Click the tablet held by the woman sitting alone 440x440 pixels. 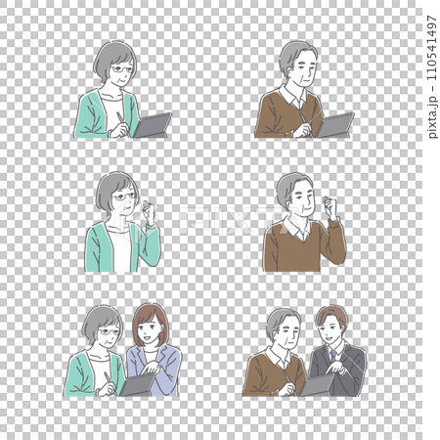click(153, 125)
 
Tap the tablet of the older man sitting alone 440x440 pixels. click(336, 124)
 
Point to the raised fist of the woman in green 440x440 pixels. click(150, 210)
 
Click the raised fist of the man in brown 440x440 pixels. click(330, 206)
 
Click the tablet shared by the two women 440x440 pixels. click(137, 384)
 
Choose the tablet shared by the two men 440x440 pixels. click(318, 385)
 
